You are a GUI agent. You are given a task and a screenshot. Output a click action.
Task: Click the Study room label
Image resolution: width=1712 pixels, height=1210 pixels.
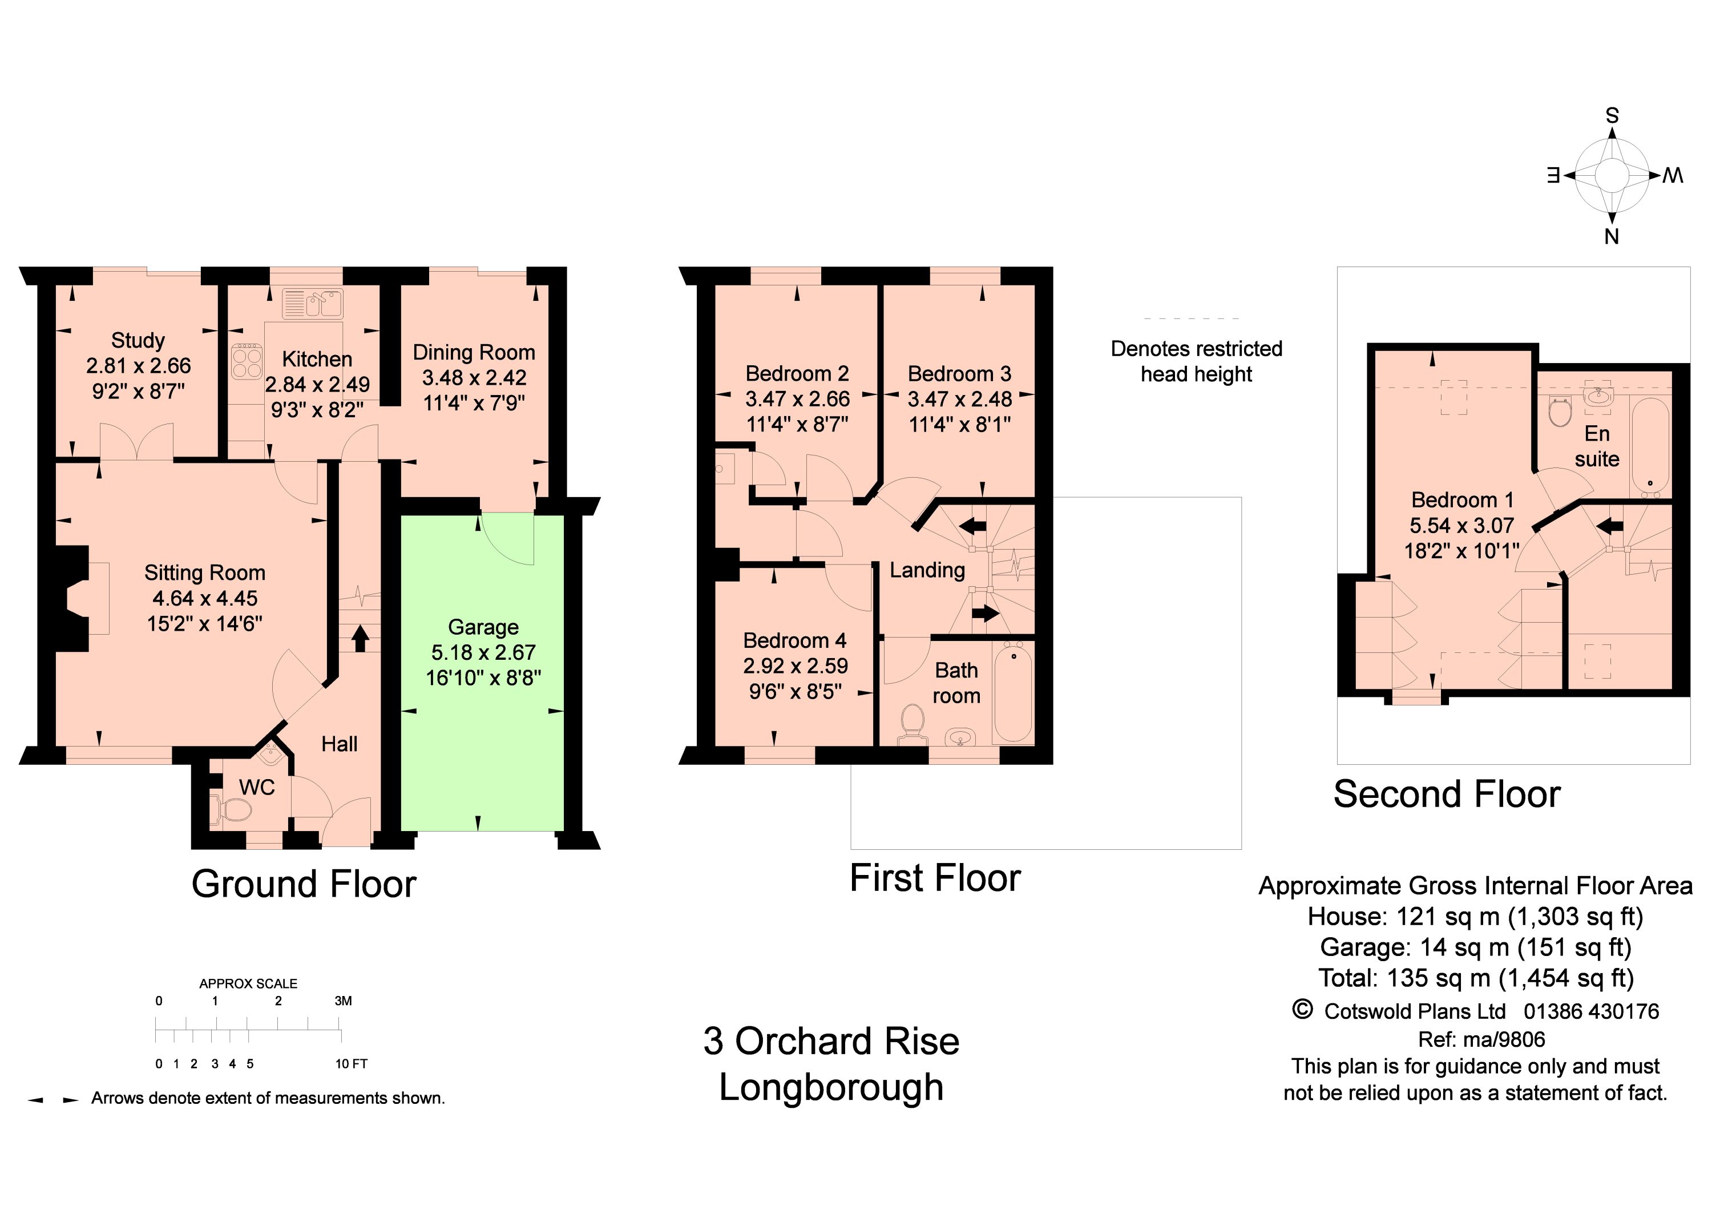click(138, 341)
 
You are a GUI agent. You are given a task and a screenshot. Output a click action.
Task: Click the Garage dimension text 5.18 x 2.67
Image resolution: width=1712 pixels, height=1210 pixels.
click(483, 652)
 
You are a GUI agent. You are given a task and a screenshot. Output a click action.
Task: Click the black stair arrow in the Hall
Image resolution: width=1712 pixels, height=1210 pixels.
click(361, 638)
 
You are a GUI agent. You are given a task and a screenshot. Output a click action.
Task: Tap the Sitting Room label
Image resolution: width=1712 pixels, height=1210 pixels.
click(205, 572)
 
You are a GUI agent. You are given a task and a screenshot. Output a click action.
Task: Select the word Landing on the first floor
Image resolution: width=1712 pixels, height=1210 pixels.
click(927, 570)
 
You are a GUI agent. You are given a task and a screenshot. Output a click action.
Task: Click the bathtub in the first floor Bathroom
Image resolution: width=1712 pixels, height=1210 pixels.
click(1014, 692)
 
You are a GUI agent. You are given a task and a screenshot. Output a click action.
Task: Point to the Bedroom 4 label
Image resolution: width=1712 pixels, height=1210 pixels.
click(795, 640)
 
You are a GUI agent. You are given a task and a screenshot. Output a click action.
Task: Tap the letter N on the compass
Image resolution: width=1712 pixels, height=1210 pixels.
click(1612, 236)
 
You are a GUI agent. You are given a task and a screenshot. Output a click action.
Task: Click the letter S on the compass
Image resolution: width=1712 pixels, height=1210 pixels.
click(1612, 115)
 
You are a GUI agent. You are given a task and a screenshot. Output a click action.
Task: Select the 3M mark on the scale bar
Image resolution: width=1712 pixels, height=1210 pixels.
click(343, 1001)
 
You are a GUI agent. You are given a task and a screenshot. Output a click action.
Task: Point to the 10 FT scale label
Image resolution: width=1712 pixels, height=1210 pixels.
click(351, 1064)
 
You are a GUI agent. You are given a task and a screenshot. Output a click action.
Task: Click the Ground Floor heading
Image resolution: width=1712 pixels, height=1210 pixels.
click(304, 884)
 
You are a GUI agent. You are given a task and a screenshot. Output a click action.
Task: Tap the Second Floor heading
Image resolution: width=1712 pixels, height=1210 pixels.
click(1447, 794)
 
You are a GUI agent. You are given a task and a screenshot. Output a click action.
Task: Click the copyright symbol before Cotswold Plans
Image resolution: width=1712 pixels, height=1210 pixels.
click(1302, 1010)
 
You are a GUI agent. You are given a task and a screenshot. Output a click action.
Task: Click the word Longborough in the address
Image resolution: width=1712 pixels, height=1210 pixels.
click(831, 1088)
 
